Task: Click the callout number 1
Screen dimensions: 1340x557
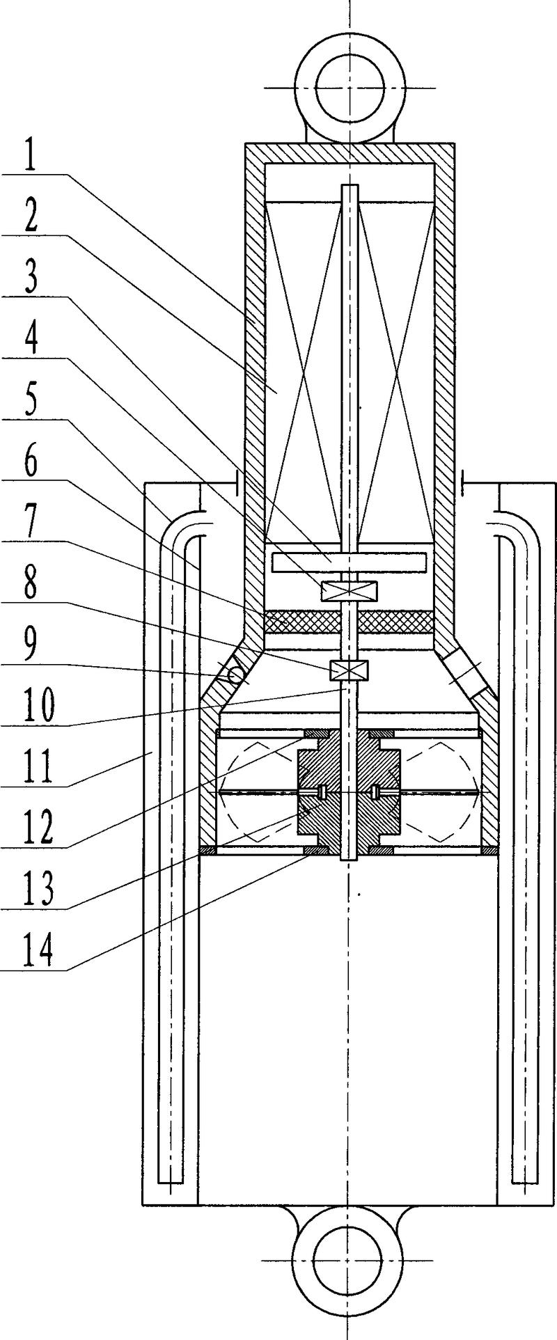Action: tap(29, 159)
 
